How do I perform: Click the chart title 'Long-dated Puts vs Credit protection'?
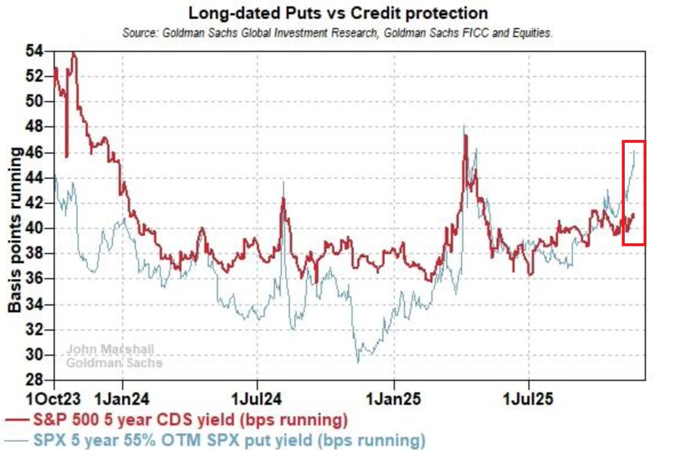pyautogui.click(x=337, y=12)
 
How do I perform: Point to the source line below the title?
pyautogui.click(x=337, y=33)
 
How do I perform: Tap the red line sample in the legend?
pyautogui.click(x=16, y=420)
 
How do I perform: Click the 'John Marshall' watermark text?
pyautogui.click(x=110, y=350)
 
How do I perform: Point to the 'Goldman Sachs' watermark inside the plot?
pyautogui.click(x=114, y=363)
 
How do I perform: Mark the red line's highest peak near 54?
pyautogui.click(x=73, y=53)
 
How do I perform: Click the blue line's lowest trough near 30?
pyautogui.click(x=358, y=362)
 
